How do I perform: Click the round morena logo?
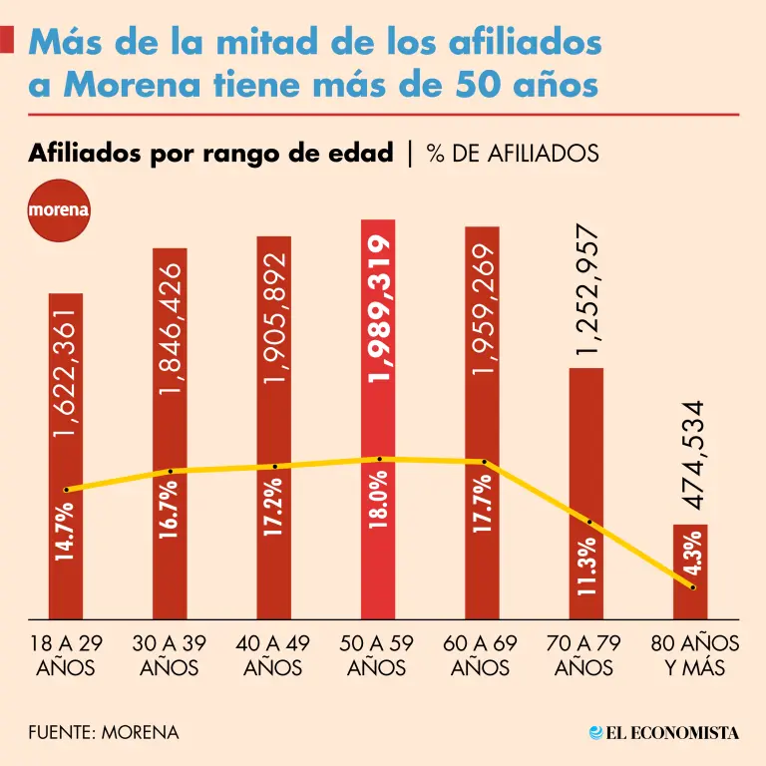tap(59, 210)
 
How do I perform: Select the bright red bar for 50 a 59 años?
tap(379, 419)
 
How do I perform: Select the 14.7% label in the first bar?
tap(66, 536)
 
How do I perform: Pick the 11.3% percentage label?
tap(586, 567)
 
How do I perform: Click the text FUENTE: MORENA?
tap(104, 732)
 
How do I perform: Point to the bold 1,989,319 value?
tap(379, 309)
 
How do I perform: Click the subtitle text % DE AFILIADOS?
tap(512, 153)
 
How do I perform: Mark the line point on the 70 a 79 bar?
tap(589, 522)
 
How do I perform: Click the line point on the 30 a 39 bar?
tap(171, 471)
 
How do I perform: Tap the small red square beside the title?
tap(7, 40)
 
